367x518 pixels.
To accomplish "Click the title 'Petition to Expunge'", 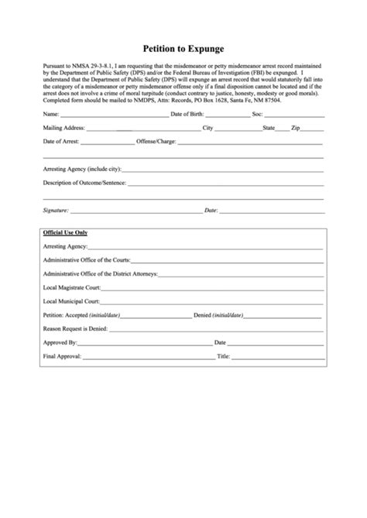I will [x=183, y=46].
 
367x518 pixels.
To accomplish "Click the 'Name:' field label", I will [x=51, y=114].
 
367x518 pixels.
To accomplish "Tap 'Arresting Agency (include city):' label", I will [x=82, y=169].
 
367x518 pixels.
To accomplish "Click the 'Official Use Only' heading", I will [x=66, y=232].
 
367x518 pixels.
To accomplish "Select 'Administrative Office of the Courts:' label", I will [x=87, y=260].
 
